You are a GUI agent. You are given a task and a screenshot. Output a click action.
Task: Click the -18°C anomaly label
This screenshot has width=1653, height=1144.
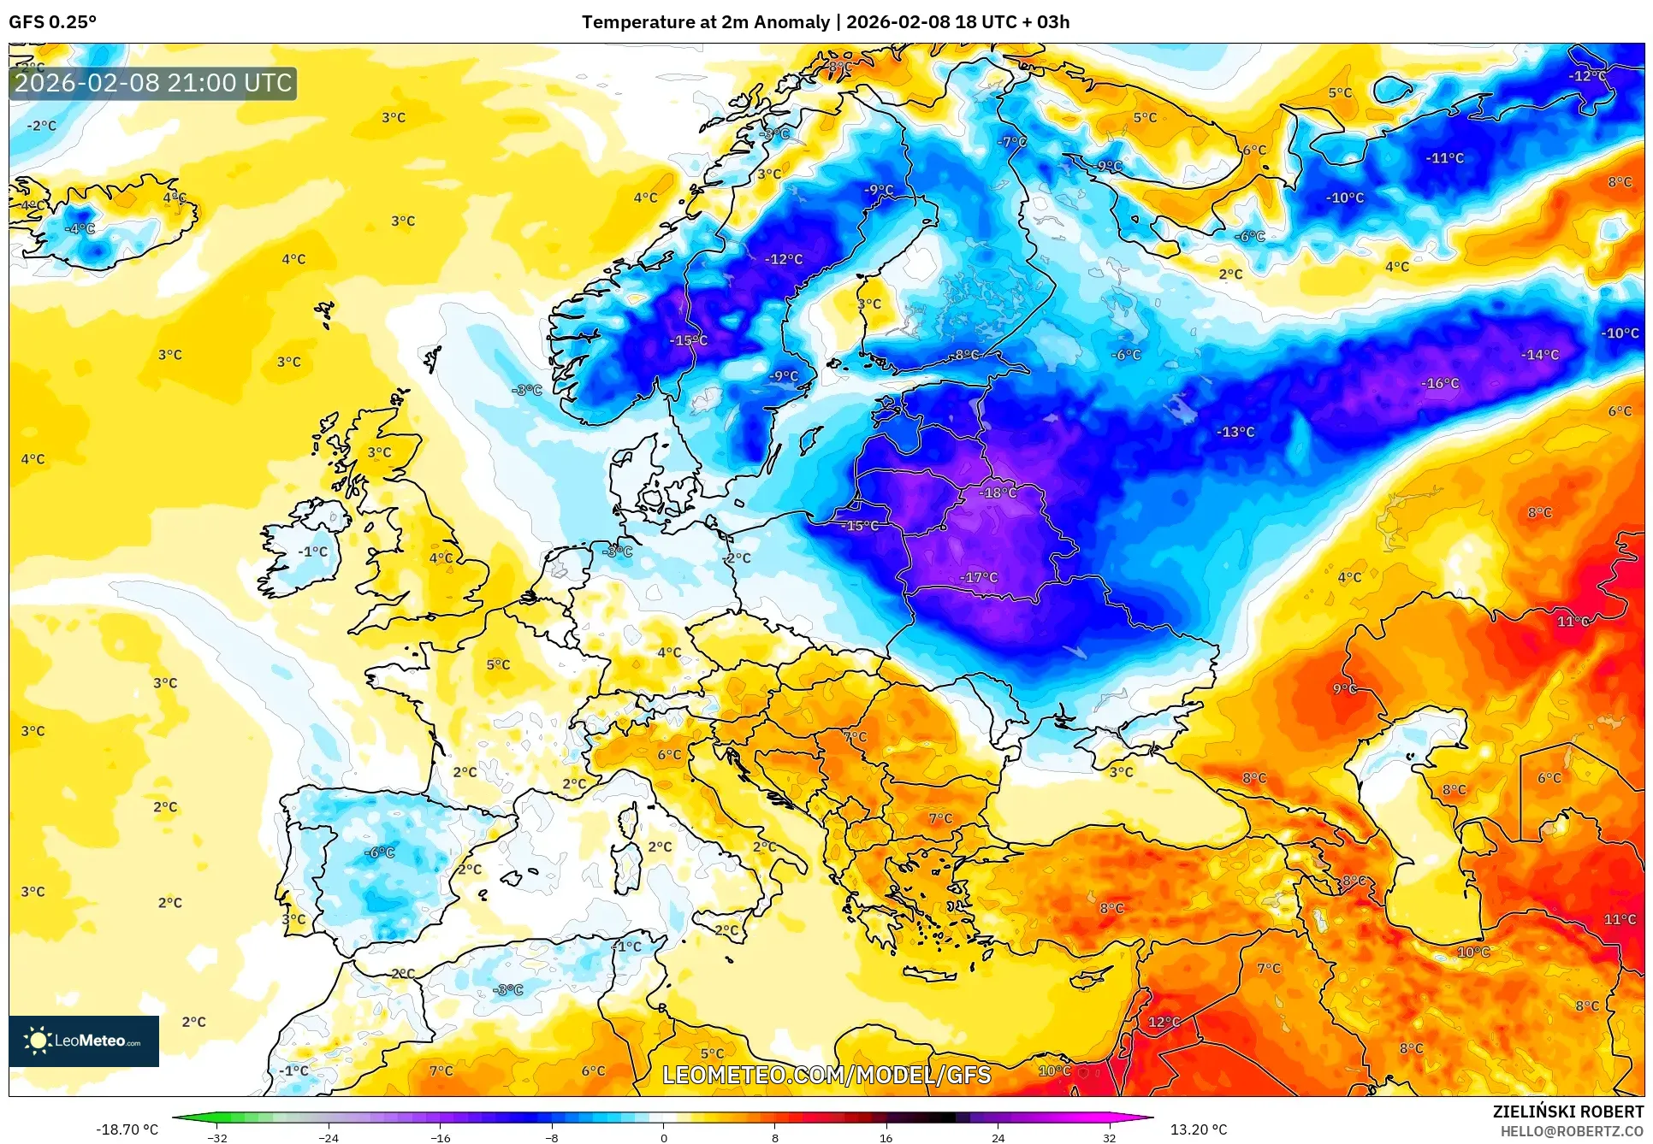pyautogui.click(x=998, y=493)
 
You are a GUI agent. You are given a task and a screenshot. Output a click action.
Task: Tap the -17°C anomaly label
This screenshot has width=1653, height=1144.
pyautogui.click(x=979, y=578)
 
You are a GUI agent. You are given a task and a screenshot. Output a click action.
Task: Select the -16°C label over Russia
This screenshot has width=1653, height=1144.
pyautogui.click(x=1440, y=384)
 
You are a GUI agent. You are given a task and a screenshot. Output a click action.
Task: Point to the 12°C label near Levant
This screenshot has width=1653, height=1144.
pyautogui.click(x=1164, y=1023)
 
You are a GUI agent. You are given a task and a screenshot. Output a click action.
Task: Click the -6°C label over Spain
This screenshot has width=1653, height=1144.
pyautogui.click(x=380, y=852)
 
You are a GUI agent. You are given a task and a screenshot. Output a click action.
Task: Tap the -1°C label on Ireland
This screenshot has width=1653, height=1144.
pyautogui.click(x=313, y=552)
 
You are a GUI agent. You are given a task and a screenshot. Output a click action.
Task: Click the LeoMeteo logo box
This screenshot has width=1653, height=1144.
pyautogui.click(x=84, y=1041)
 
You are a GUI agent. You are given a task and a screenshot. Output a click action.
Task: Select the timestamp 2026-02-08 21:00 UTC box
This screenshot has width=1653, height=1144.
pyautogui.click(x=153, y=83)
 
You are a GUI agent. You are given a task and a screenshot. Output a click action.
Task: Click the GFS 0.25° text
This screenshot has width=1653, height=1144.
pyautogui.click(x=53, y=22)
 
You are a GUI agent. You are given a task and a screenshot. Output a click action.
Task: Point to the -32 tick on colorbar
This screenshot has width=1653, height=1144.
pyautogui.click(x=217, y=1137)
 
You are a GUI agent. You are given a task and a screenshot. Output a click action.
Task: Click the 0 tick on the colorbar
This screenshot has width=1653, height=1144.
pyautogui.click(x=663, y=1137)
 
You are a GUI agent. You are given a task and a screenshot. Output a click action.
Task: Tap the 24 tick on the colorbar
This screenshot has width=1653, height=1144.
pyautogui.click(x=998, y=1137)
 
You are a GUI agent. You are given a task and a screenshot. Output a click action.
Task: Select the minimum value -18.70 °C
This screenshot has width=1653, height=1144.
pyautogui.click(x=127, y=1129)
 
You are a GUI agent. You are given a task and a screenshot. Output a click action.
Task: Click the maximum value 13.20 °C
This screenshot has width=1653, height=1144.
pyautogui.click(x=1198, y=1129)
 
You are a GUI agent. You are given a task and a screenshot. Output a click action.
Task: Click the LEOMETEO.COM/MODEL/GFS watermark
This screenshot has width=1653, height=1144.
pyautogui.click(x=826, y=1075)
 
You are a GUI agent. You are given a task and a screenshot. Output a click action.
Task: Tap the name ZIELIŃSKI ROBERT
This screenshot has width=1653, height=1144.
pyautogui.click(x=1567, y=1112)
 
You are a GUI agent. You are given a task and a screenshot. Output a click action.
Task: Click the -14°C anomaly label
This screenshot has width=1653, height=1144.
pyautogui.click(x=1539, y=355)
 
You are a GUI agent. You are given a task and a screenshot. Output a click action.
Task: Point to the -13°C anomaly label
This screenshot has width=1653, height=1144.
pyautogui.click(x=1235, y=433)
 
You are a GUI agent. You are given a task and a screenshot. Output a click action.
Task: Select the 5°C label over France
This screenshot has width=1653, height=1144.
pyautogui.click(x=498, y=665)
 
